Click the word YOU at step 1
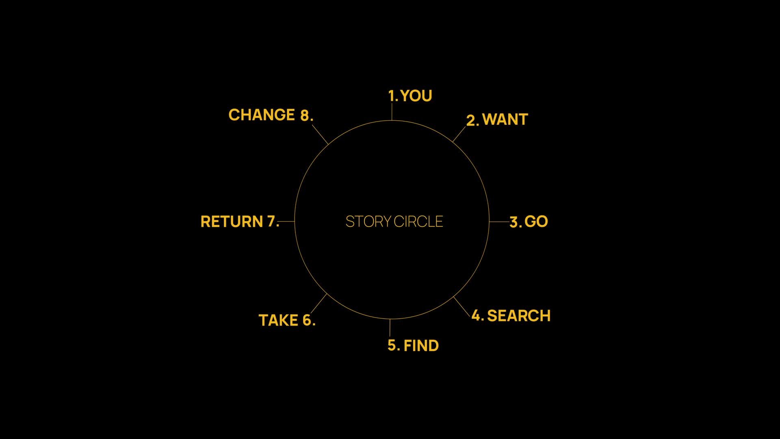pyautogui.click(x=416, y=96)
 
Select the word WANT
pyautogui.click(x=505, y=120)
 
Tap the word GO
pyautogui.click(x=536, y=222)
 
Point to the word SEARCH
pyautogui.click(x=519, y=316)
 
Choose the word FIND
pyautogui.click(x=421, y=346)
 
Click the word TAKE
pyautogui.click(x=278, y=320)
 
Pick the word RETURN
pyautogui.click(x=232, y=222)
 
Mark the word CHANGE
pyautogui.click(x=262, y=115)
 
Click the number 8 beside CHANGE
pyautogui.click(x=305, y=116)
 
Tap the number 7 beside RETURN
pyautogui.click(x=271, y=222)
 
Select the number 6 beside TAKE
pyautogui.click(x=307, y=320)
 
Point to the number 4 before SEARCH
pyautogui.click(x=476, y=315)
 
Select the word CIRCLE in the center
pyautogui.click(x=418, y=222)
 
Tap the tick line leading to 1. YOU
pyautogui.click(x=392, y=112)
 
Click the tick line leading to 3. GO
pyautogui.click(x=499, y=222)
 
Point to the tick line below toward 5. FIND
pyautogui.click(x=390, y=328)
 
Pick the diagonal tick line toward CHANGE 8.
pyautogui.click(x=320, y=134)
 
